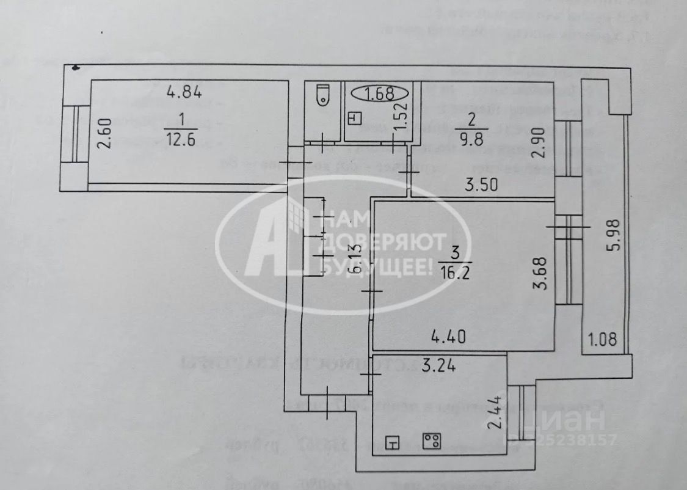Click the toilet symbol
pyautogui.click(x=322, y=97)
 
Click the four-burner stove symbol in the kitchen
pyautogui.click(x=432, y=441)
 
